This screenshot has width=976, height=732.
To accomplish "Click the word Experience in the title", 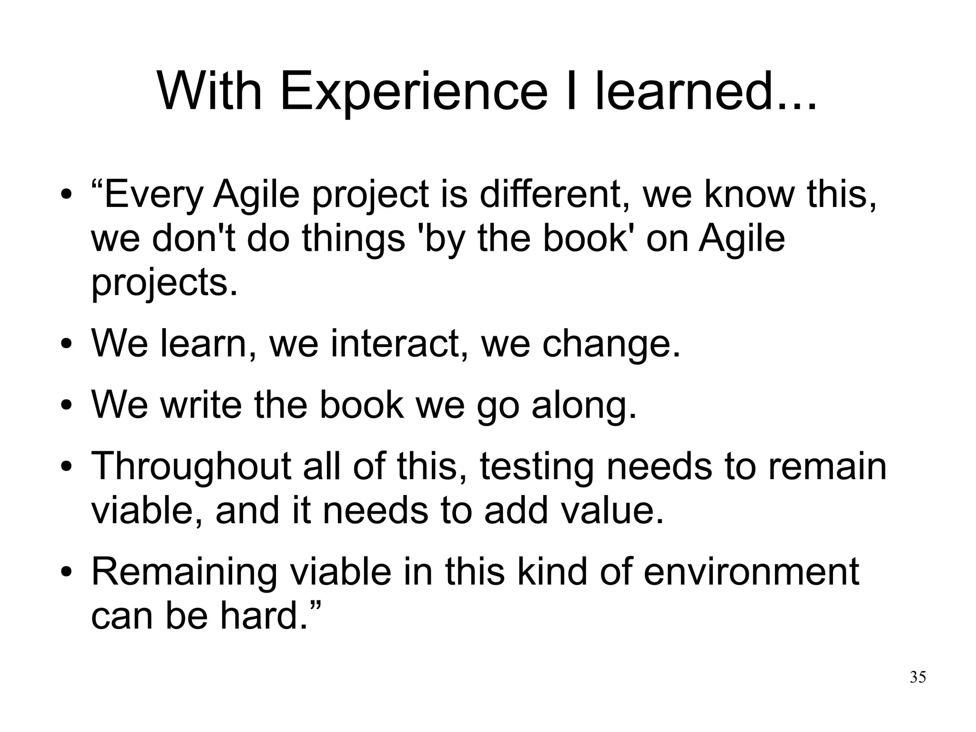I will pos(414,92).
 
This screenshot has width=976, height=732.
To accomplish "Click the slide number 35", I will pos(917,677).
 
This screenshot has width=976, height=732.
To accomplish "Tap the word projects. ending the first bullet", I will pos(164,283).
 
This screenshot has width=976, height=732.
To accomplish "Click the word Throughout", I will pos(191,466).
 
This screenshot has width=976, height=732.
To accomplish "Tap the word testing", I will pos(537,466).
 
